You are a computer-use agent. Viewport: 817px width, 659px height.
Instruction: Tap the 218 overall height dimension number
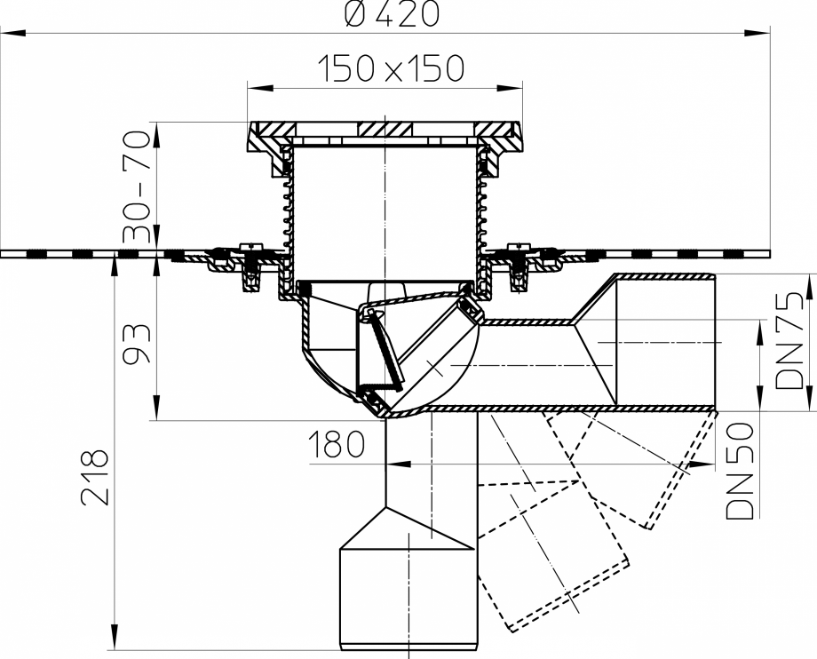coord(95,477)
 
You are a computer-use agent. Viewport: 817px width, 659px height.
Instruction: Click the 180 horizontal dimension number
coord(337,445)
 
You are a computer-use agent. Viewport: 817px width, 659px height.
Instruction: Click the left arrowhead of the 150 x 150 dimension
coord(254,88)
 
